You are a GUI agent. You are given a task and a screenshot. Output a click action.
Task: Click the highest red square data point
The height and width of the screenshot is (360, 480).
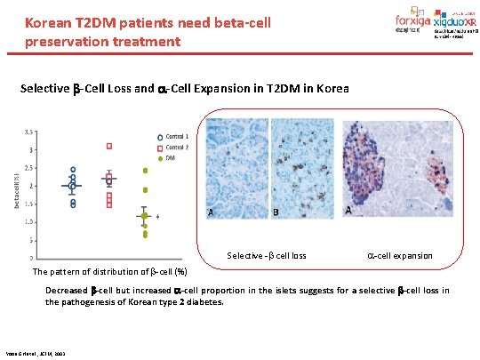pyautogui.click(x=109, y=146)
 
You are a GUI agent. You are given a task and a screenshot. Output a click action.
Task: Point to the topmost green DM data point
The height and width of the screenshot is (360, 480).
pyautogui.click(x=144, y=171)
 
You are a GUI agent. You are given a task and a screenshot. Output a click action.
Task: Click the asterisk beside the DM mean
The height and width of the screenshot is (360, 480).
pyautogui.click(x=157, y=216)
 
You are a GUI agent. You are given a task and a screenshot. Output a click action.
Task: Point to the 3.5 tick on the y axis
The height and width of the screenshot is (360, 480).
pyautogui.click(x=30, y=131)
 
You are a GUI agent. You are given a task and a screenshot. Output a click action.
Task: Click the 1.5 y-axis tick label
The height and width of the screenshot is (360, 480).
pyautogui.click(x=30, y=204)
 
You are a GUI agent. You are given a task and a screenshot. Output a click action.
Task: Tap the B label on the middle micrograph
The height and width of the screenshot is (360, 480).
pyautogui.click(x=275, y=212)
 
